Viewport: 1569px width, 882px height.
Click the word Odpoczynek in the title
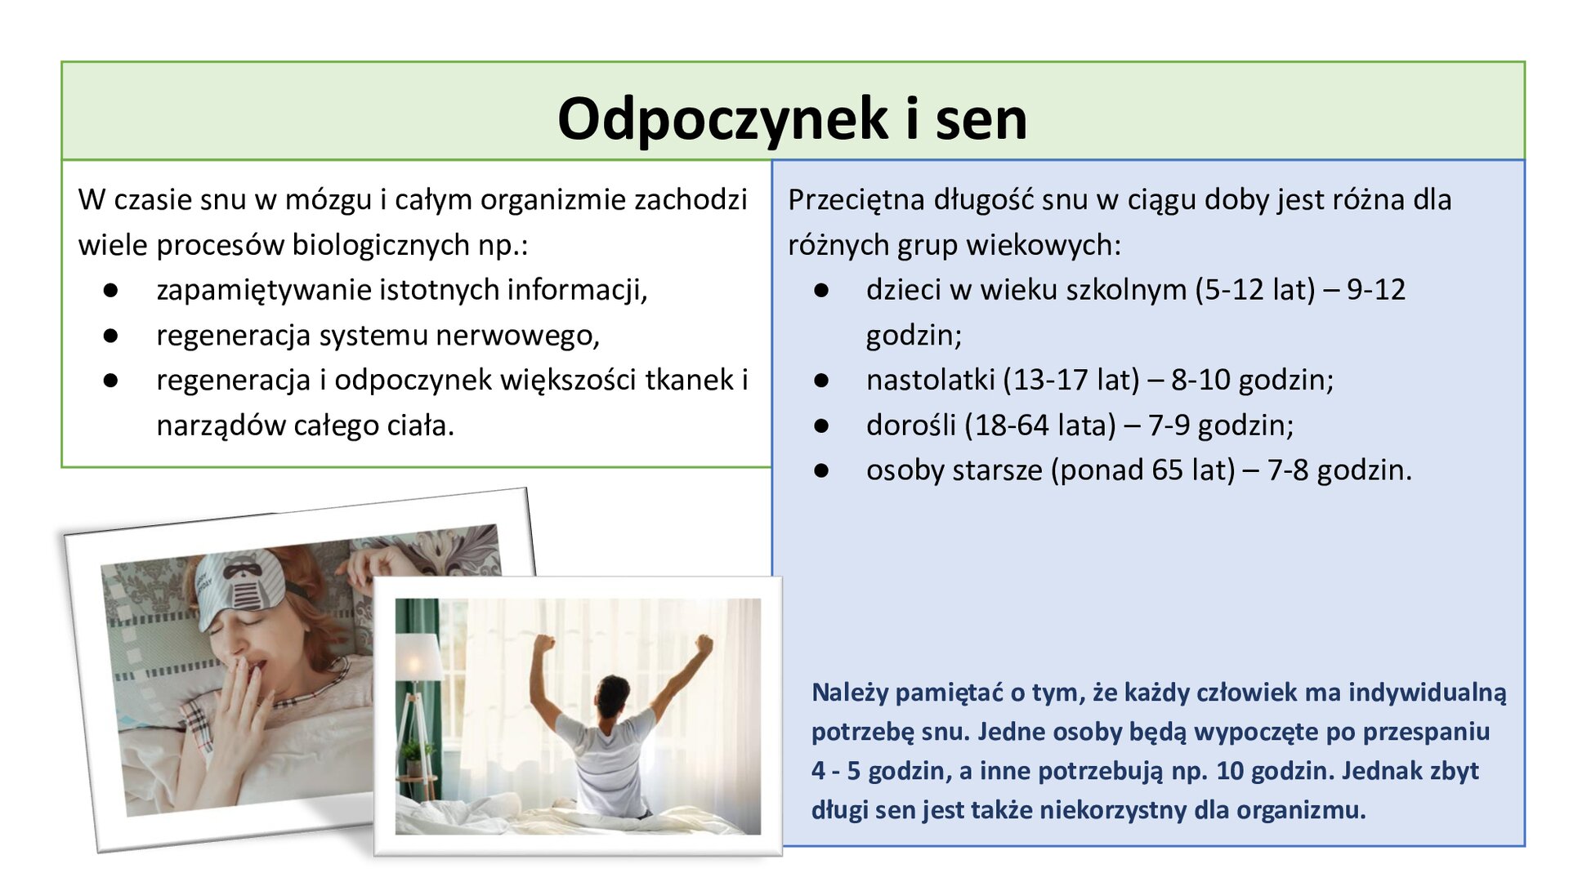(x=722, y=119)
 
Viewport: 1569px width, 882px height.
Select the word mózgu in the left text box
(x=328, y=200)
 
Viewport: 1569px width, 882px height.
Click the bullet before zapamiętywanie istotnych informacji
(x=111, y=291)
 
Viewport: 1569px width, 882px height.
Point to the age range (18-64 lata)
(x=1040, y=425)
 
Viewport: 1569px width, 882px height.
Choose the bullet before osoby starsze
(x=821, y=471)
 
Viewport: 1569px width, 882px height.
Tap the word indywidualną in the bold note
(x=1427, y=693)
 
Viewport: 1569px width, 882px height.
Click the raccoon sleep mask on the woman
(x=242, y=581)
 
